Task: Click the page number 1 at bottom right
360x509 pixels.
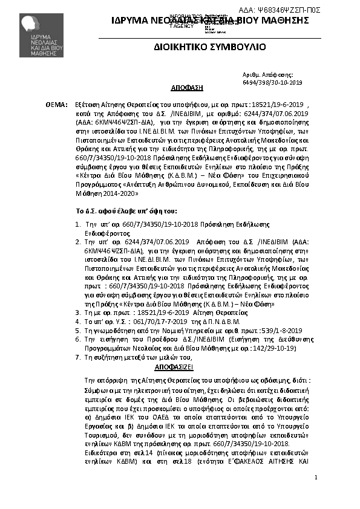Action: click(316, 478)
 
